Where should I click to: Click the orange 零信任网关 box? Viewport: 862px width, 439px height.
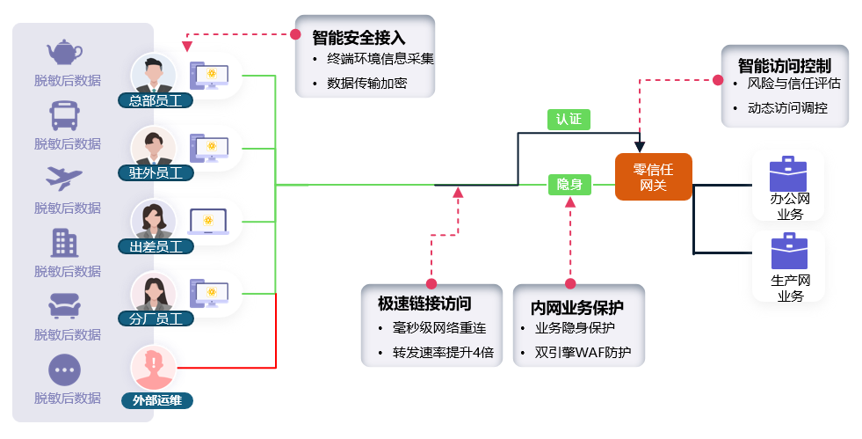653,176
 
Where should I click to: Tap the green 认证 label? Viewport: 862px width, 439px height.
569,120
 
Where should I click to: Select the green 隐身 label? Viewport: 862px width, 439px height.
569,185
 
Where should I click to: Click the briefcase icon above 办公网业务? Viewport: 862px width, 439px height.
787,172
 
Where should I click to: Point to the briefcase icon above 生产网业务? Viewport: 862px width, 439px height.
788,251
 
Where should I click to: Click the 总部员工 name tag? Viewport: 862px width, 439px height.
156,100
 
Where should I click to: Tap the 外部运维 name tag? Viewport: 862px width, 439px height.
156,400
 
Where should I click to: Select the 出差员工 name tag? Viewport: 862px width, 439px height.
156,246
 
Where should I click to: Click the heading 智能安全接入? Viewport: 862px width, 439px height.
359,38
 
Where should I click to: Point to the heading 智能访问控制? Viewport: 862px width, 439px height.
784,65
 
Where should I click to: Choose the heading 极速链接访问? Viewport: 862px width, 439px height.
424,304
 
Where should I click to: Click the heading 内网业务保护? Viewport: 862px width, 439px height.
576,308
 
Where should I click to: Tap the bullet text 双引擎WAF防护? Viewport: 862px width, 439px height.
589,354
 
